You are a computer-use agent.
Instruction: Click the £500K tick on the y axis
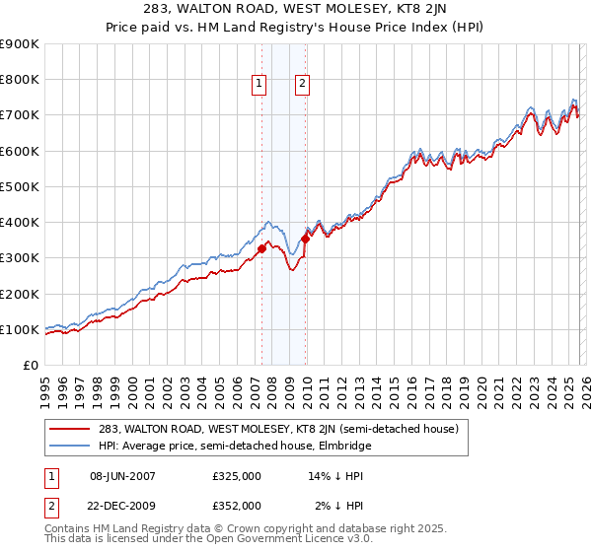(x=19, y=186)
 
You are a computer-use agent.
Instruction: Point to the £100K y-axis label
(x=19, y=329)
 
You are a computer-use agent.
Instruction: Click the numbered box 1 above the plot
(x=259, y=85)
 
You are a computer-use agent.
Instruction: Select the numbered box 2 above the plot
(x=301, y=85)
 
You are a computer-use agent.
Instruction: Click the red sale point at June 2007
(x=261, y=249)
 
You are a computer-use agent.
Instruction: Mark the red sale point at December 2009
(x=306, y=238)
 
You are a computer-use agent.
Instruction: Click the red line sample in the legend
(x=71, y=429)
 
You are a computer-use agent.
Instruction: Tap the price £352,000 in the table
(x=237, y=505)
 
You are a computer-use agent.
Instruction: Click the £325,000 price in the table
(x=237, y=476)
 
